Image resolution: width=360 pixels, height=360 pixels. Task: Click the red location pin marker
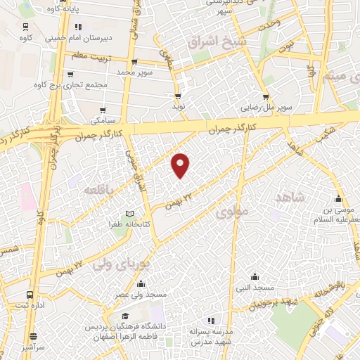181,165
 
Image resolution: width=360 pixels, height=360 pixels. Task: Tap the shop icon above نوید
178,96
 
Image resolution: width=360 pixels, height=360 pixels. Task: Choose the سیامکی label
104,121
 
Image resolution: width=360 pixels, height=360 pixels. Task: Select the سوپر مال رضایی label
266,108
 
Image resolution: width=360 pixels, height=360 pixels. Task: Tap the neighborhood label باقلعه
99,191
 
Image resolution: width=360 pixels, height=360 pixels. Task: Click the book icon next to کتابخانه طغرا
129,213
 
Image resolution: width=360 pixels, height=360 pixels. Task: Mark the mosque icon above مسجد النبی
255,277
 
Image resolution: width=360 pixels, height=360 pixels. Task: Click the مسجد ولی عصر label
141,295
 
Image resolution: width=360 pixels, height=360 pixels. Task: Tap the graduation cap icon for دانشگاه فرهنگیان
124,317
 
